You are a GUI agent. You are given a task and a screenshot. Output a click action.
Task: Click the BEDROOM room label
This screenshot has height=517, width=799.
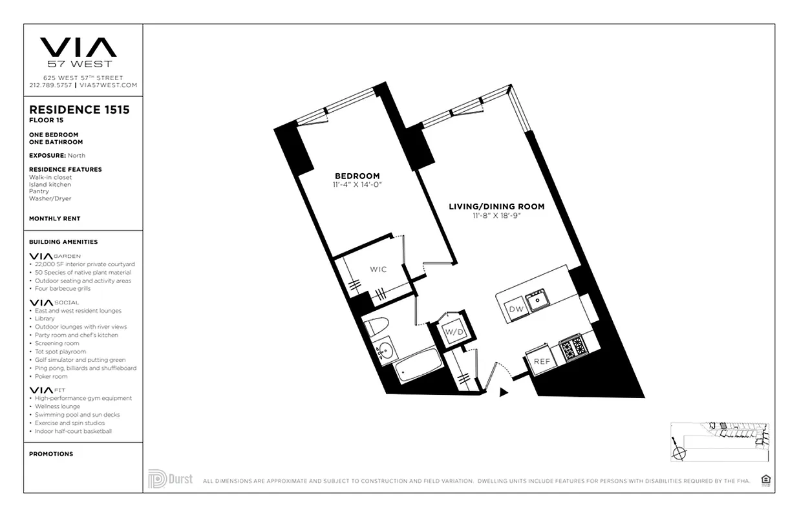[x=357, y=176]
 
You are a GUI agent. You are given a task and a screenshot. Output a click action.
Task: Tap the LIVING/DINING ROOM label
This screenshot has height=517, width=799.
[x=496, y=207]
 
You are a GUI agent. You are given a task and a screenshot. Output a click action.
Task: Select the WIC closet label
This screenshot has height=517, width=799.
[x=378, y=269]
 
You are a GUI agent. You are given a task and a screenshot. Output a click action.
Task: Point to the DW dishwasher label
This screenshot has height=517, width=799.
[x=516, y=310]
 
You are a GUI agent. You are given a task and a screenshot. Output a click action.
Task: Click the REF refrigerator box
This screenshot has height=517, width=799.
[x=541, y=361]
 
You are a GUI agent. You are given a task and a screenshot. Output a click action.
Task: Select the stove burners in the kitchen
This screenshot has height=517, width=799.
[x=573, y=348]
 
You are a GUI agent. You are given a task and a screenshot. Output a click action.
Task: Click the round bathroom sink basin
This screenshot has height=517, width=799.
[x=386, y=352]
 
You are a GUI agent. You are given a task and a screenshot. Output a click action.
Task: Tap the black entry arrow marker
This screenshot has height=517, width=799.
[x=504, y=391]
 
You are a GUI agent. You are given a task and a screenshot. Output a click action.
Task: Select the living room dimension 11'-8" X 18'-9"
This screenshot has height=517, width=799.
[x=496, y=216]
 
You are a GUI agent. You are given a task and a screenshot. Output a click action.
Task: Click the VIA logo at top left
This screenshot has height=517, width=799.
[x=78, y=48]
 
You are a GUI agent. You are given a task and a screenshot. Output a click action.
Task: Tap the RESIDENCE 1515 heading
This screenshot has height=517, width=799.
[x=80, y=110]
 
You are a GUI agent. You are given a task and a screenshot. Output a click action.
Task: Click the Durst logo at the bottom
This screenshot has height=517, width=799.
[x=170, y=480]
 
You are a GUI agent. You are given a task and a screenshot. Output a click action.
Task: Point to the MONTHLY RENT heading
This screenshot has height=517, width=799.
[x=55, y=219]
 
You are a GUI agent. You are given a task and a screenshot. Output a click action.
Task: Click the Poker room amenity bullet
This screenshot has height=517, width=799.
[x=52, y=376]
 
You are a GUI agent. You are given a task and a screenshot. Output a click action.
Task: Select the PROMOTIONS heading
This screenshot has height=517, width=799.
[x=51, y=454]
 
